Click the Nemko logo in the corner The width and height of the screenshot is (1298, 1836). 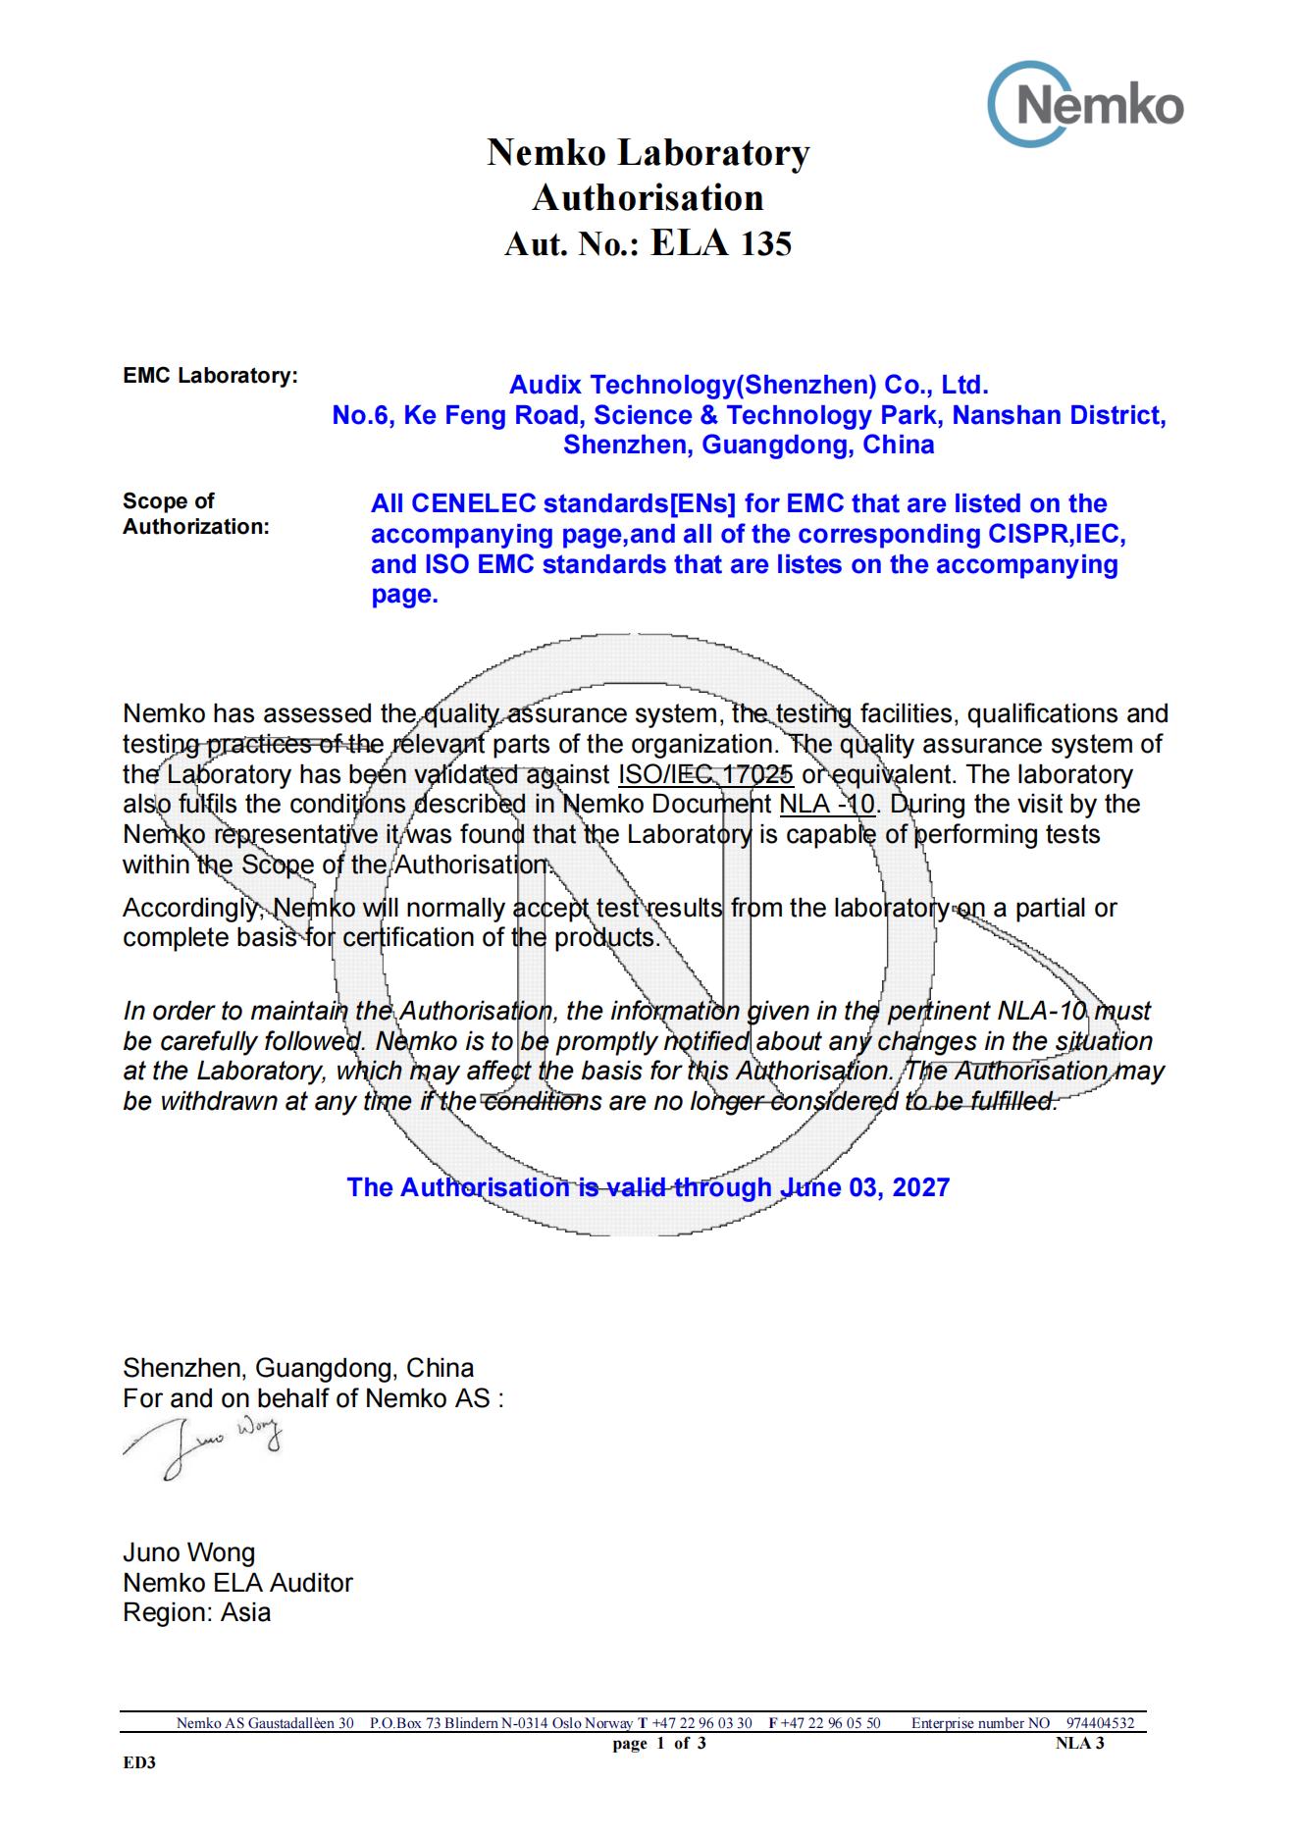(x=1086, y=105)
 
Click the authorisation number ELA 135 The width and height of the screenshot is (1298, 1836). (x=720, y=243)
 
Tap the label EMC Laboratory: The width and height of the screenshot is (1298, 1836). (x=210, y=376)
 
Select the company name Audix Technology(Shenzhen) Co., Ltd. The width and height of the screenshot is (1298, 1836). (x=749, y=385)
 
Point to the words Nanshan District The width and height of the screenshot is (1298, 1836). (x=1059, y=415)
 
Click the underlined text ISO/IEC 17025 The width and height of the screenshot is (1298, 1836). (x=705, y=774)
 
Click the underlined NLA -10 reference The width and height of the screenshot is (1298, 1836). (x=827, y=805)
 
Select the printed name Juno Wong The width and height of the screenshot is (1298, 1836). (x=188, y=1552)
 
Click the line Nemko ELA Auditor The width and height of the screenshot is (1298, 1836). (x=237, y=1583)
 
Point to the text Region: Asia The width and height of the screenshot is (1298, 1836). (x=196, y=1612)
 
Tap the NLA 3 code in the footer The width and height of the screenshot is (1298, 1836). (x=1079, y=1743)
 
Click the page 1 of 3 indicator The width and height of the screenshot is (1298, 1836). (x=659, y=1743)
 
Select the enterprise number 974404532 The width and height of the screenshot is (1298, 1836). (x=1100, y=1723)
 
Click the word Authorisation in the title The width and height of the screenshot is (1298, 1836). (x=648, y=198)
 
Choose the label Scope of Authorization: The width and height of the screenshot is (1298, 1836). (x=195, y=513)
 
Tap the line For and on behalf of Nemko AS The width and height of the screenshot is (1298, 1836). (x=313, y=1398)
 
